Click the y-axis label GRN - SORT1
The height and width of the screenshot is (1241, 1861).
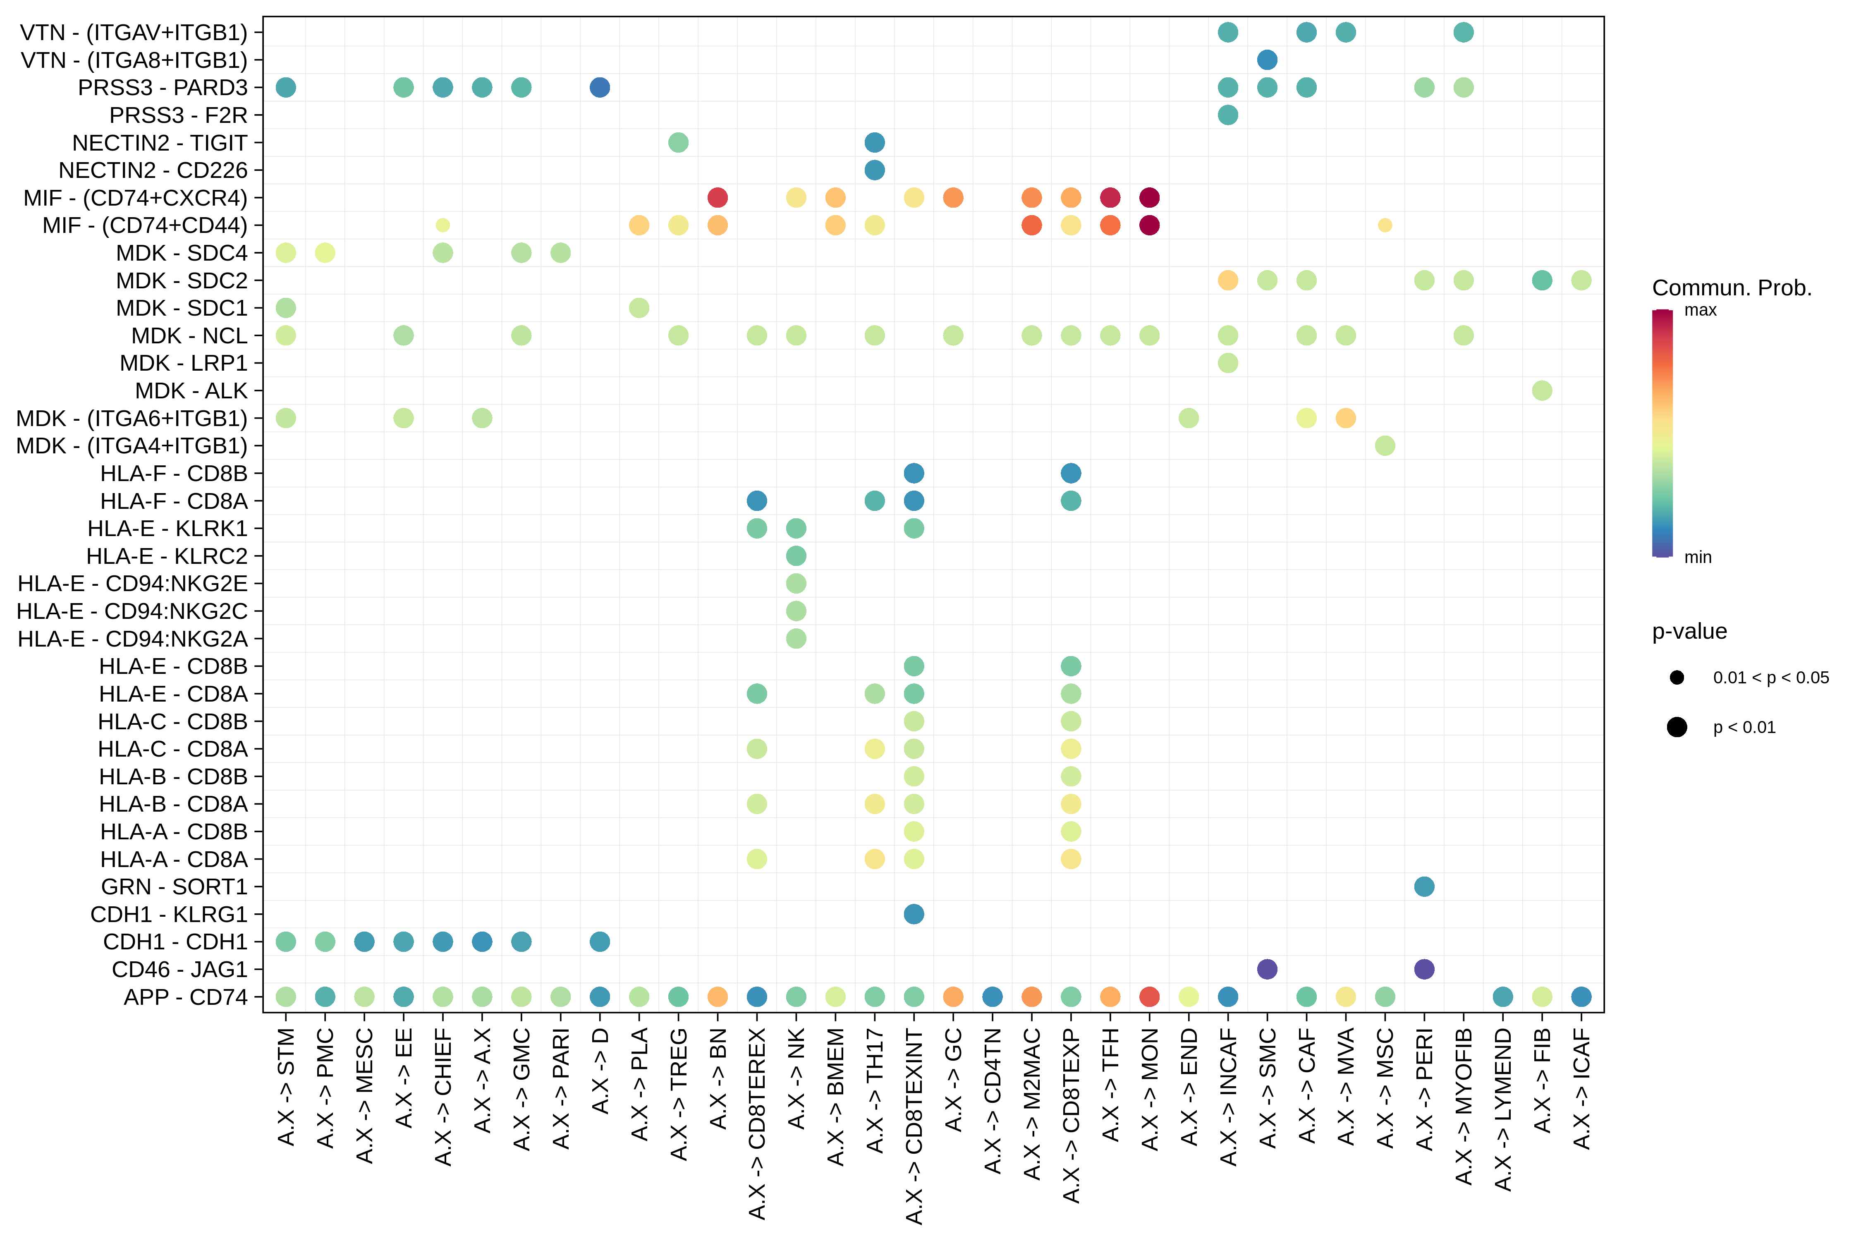(x=174, y=886)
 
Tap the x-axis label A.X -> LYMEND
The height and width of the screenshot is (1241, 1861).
(x=1502, y=1109)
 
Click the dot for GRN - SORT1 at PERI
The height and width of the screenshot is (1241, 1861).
(x=1424, y=886)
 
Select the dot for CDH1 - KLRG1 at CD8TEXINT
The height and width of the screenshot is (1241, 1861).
(x=914, y=914)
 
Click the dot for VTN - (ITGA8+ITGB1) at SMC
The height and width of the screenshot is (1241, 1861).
(x=1267, y=59)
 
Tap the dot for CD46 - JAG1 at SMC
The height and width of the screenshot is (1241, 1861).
(x=1267, y=970)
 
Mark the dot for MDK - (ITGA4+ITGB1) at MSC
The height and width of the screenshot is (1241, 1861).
(x=1385, y=446)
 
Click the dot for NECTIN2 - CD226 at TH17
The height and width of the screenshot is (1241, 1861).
(x=874, y=170)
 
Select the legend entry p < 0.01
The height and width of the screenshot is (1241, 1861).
(x=1744, y=727)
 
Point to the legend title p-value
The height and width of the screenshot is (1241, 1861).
(x=1689, y=632)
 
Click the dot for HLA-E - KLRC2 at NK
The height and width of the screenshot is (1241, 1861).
(x=796, y=556)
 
